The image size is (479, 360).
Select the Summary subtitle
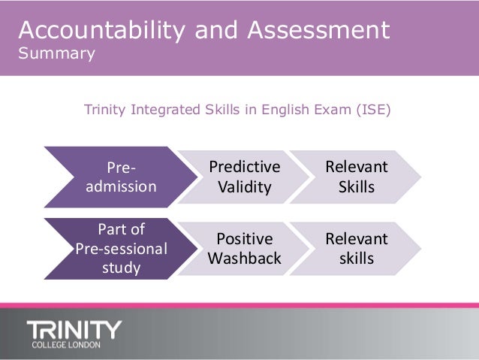point(56,54)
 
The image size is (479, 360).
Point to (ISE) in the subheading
point(372,110)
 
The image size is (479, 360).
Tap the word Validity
point(244,186)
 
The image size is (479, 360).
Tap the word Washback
point(244,259)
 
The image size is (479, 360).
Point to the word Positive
point(244,239)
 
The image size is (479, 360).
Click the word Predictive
point(244,166)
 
